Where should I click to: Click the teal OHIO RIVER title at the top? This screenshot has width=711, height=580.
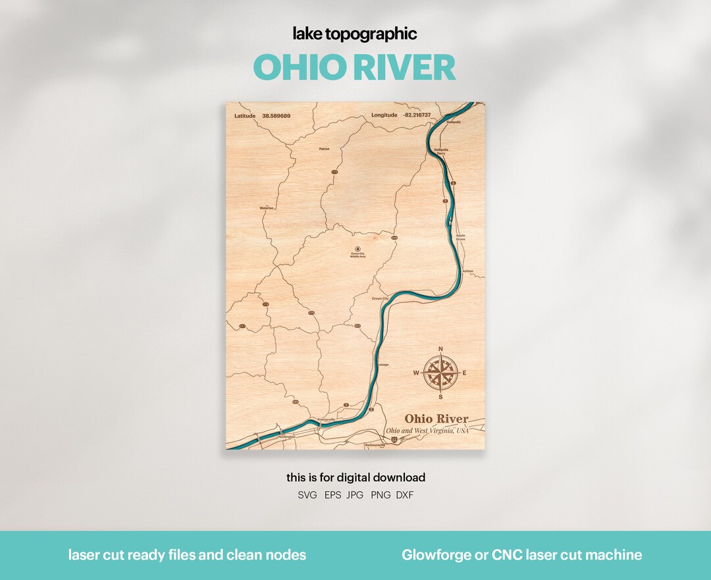(354, 68)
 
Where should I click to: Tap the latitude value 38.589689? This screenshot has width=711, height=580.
(276, 116)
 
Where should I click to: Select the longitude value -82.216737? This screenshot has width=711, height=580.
(417, 115)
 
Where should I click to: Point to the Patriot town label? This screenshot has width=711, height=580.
(324, 149)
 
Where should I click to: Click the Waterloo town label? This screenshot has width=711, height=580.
(266, 207)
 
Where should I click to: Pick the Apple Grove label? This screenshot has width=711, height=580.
(460, 236)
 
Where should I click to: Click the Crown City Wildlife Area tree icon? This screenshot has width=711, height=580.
(357, 248)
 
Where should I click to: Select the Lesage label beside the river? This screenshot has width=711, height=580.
(382, 364)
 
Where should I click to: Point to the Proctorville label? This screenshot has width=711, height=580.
(326, 419)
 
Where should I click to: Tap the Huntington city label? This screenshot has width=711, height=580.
(287, 436)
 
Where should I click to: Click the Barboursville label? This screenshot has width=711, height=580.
(374, 445)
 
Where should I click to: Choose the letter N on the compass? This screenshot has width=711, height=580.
(440, 349)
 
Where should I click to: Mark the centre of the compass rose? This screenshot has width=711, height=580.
(440, 373)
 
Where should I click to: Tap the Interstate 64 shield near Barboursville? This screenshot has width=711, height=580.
(394, 438)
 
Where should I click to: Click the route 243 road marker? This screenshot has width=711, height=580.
(296, 402)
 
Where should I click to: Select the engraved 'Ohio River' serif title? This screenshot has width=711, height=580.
(436, 419)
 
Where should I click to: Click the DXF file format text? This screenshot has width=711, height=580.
(405, 495)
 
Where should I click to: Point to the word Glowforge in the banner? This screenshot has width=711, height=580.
(431, 555)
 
